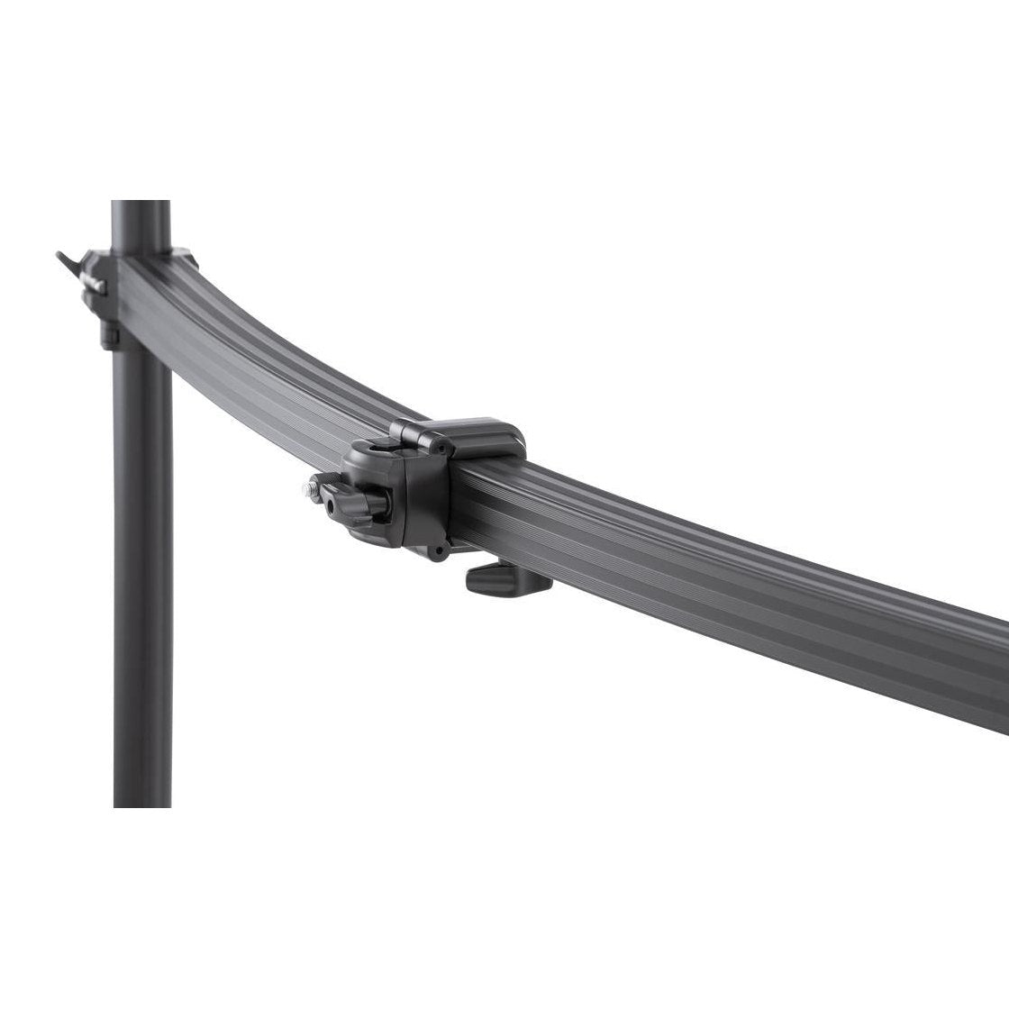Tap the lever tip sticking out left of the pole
(x=61, y=256)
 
